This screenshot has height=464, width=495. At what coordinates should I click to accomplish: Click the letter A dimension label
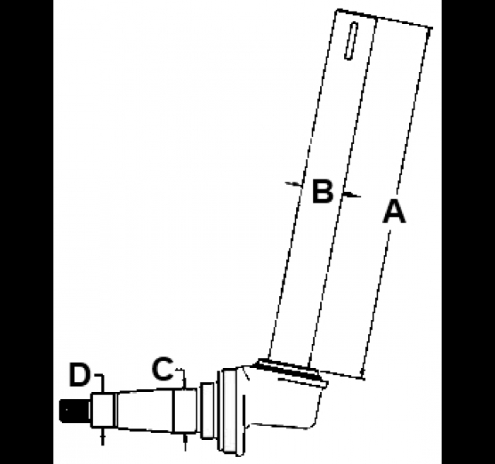pos(394,212)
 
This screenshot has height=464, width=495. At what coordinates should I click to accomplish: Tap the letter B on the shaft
pos(323,191)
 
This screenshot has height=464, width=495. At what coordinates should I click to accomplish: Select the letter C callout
pos(163,369)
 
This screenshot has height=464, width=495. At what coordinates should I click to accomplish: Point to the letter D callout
pos(80,375)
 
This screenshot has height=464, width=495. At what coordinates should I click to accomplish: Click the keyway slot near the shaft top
pos(351,40)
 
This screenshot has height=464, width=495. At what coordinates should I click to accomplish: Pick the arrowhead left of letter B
pos(295,184)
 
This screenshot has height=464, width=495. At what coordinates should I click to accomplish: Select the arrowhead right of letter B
pos(351,194)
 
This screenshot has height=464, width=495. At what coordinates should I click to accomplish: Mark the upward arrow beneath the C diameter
pos(186,442)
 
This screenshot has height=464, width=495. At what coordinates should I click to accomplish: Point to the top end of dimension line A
pos(430,29)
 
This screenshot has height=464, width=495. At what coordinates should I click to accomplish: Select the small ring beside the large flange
pos(207,411)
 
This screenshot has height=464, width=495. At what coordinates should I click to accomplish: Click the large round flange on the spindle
pos(228,412)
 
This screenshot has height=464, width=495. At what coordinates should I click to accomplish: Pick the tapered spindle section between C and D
pos(145,411)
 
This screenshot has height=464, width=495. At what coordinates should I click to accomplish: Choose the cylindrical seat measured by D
pos(102,410)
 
